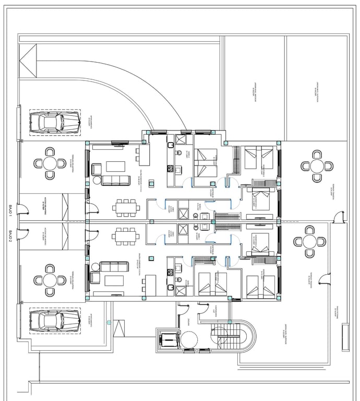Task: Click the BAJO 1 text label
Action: point(10,210)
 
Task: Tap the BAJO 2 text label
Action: point(10,238)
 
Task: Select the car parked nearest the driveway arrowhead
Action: point(54,123)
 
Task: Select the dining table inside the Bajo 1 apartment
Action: point(126,207)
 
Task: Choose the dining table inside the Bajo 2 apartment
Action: point(126,236)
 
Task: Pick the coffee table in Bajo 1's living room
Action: point(116,167)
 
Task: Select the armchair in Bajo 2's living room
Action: point(95,277)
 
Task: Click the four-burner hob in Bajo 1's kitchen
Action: point(170,168)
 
